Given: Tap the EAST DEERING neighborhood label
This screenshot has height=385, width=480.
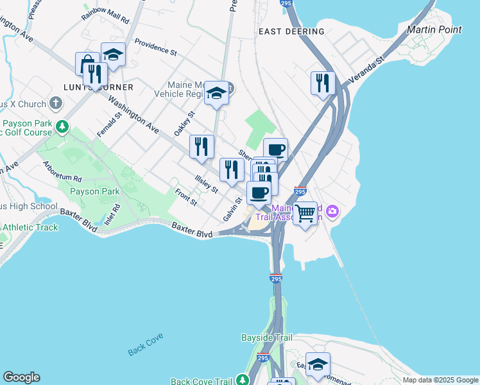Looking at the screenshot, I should [x=291, y=31].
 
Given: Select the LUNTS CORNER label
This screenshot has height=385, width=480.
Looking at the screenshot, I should [x=98, y=87].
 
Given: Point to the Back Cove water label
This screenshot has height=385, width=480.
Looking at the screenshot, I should [x=146, y=344].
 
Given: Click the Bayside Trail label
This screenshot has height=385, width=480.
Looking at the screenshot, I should [x=266, y=338].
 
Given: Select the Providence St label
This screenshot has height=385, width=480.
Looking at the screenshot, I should [x=155, y=47].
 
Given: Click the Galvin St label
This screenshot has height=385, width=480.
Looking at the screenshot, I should [x=232, y=209].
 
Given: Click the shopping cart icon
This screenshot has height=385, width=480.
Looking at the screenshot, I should [x=305, y=212].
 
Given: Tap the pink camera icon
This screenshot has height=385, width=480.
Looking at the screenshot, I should [x=332, y=210].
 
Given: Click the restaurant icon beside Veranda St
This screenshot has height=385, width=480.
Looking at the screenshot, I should [x=323, y=83].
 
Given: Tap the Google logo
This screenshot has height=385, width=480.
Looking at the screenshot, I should [x=21, y=377].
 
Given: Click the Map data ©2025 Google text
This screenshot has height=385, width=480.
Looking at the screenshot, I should [x=440, y=380].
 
